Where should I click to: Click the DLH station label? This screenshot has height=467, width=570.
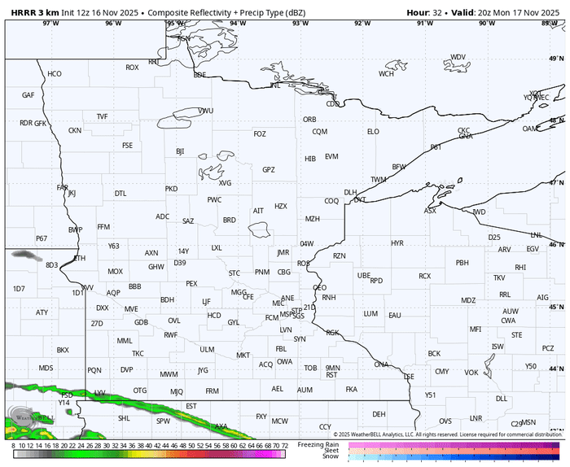[x=350, y=193]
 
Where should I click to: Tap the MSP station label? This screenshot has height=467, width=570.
[x=286, y=314]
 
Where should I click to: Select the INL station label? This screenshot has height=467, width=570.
[x=275, y=85]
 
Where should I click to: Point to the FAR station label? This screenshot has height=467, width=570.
[x=63, y=187]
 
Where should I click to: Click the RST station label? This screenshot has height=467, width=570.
[x=331, y=375]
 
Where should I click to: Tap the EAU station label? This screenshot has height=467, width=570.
[x=395, y=315]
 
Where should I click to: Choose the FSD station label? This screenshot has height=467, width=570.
[x=67, y=395]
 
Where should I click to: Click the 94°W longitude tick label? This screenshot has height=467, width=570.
[x=238, y=23]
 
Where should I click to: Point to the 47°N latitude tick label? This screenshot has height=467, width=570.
[x=555, y=183]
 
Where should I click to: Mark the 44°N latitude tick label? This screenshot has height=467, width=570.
[x=555, y=347]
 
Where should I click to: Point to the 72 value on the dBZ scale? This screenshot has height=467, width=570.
[x=283, y=446]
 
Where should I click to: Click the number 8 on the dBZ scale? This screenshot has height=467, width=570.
[x=14, y=446]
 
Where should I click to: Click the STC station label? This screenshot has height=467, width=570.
[x=235, y=273]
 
